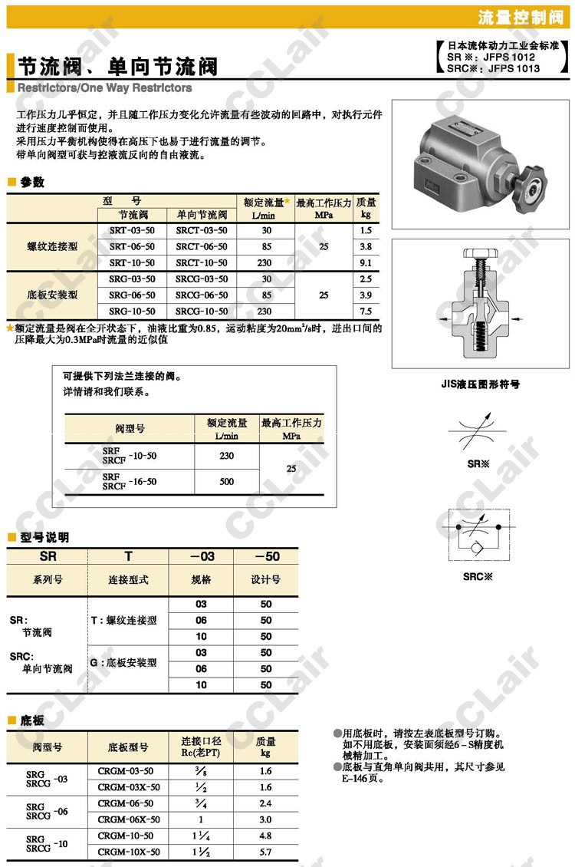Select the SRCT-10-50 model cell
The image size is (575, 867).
pyautogui.click(x=201, y=262)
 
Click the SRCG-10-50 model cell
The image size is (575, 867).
pyautogui.click(x=201, y=312)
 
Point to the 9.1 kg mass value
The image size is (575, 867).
pyautogui.click(x=366, y=262)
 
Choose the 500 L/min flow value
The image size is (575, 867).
pyautogui.click(x=226, y=481)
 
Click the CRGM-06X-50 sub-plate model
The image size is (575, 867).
pyautogui.click(x=129, y=819)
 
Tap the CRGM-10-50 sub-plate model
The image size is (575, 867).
pyautogui.click(x=126, y=836)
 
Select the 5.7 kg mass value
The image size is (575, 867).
pyautogui.click(x=265, y=852)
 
